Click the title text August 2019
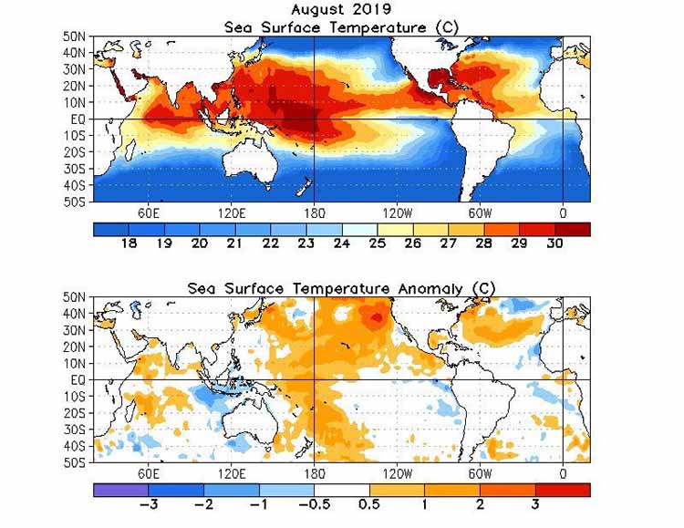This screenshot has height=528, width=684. click(342, 10)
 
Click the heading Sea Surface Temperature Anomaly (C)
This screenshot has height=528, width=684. click(342, 288)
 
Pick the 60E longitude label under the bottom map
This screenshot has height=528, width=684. click(150, 473)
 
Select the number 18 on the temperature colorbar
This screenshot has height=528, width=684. click(129, 243)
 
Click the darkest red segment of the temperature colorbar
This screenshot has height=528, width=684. click(572, 229)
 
